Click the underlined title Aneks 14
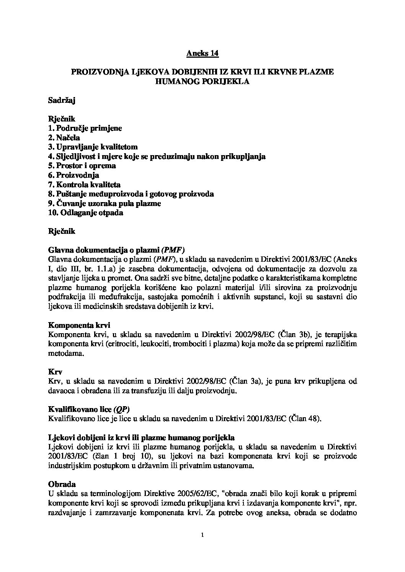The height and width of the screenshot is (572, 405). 202,53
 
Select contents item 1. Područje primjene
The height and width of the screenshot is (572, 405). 85,128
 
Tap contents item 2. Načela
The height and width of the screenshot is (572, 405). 64,138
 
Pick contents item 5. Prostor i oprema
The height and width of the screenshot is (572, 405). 82,166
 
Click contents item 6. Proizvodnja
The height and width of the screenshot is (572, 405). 73,175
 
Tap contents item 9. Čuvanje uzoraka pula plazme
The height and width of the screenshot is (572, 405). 104,203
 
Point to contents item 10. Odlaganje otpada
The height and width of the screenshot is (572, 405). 85,213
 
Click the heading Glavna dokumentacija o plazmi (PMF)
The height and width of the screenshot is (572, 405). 116,250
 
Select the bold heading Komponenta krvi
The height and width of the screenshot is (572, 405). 79,325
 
